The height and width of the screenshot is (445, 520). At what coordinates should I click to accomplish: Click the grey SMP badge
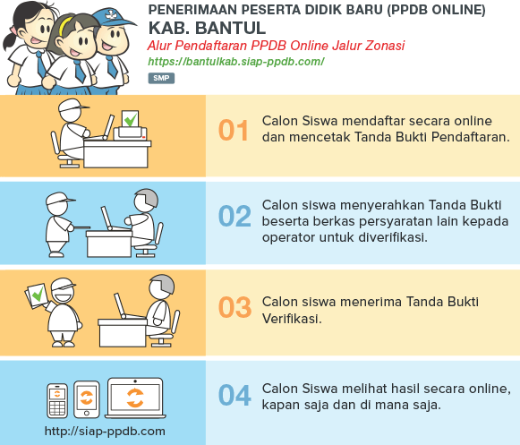click(161, 78)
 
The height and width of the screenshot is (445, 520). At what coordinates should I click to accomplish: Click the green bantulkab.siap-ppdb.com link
click(235, 62)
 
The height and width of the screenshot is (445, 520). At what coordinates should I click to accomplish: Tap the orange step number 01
click(234, 130)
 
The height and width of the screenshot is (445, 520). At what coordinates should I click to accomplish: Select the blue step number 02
click(234, 216)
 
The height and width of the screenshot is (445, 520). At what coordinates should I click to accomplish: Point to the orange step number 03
click(234, 307)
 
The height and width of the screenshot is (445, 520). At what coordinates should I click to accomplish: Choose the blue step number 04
click(234, 395)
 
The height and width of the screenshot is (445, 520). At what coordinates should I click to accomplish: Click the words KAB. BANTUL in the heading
click(207, 28)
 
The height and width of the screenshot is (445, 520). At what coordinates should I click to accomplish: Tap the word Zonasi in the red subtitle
click(385, 46)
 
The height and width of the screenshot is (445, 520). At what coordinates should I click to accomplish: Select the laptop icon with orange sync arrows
click(135, 398)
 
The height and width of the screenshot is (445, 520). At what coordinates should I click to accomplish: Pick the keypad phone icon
click(57, 400)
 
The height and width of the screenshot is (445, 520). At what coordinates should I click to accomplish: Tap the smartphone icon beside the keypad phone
click(87, 399)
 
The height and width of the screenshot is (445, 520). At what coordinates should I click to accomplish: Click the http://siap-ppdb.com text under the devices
click(105, 431)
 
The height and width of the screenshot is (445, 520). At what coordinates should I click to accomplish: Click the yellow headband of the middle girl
click(64, 25)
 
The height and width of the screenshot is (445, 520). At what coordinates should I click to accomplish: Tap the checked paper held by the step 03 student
click(37, 295)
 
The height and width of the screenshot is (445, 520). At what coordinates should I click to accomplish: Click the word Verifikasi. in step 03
click(292, 319)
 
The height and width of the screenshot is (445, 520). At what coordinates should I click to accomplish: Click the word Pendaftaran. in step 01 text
click(470, 137)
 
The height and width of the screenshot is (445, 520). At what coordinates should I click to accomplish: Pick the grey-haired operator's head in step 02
click(146, 201)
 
